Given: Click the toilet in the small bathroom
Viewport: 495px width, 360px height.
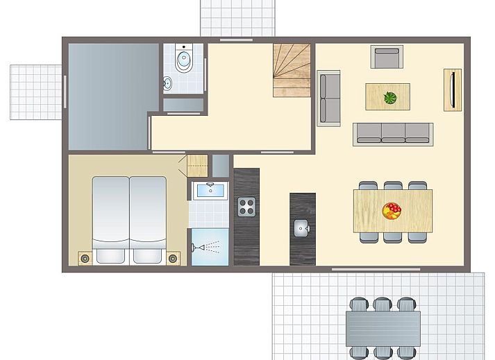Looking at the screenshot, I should pyautogui.click(x=184, y=61).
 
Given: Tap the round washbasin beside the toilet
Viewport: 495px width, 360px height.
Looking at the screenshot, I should pyautogui.click(x=168, y=84).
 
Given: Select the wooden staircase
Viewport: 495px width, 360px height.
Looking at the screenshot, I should pyautogui.click(x=291, y=71).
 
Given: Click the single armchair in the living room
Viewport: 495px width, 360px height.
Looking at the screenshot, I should pyautogui.click(x=387, y=57).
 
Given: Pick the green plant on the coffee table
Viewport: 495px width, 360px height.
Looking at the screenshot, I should pyautogui.click(x=390, y=98).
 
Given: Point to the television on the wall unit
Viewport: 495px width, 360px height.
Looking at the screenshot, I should pyautogui.click(x=453, y=89).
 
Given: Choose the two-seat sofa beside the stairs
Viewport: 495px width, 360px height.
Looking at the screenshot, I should pyautogui.click(x=328, y=98).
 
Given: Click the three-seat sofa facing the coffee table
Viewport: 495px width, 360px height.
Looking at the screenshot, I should pyautogui.click(x=393, y=133).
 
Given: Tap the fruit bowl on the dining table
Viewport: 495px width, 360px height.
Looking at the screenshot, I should pyautogui.click(x=392, y=210).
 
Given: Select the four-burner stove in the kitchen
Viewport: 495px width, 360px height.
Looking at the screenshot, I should pyautogui.click(x=247, y=206).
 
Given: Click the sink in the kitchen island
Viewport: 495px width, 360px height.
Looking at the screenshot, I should pyautogui.click(x=301, y=227).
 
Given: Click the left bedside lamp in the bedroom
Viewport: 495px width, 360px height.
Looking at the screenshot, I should pyautogui.click(x=85, y=258).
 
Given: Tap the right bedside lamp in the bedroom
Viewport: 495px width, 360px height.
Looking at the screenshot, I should pyautogui.click(x=173, y=258).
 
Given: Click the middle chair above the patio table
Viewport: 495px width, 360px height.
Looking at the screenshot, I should pyautogui.click(x=383, y=304).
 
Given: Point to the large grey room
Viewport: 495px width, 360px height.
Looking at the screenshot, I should pyautogui.click(x=109, y=95).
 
